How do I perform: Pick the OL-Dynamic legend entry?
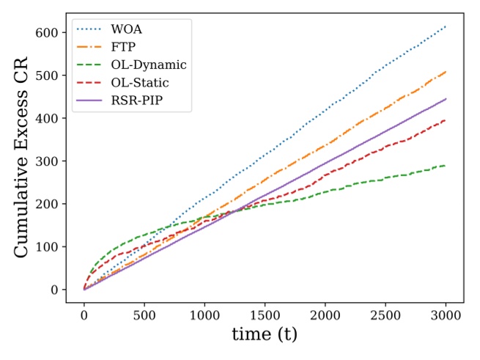pyautogui.click(x=150, y=65)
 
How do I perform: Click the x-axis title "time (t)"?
pyautogui.click(x=265, y=334)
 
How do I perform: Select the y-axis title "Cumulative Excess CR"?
pyautogui.click(x=22, y=160)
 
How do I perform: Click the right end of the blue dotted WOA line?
pyautogui.click(x=446, y=26)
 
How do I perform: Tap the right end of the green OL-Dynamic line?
pyautogui.click(x=446, y=166)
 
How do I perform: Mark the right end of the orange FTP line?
pyautogui.click(x=446, y=72)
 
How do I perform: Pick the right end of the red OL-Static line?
pyautogui.click(x=446, y=120)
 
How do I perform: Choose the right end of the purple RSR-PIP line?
pyautogui.click(x=446, y=99)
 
